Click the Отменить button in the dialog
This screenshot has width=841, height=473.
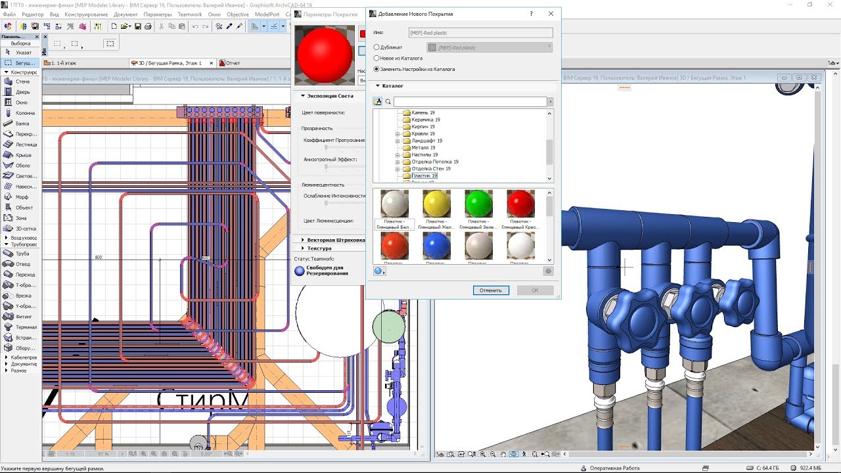(490, 290)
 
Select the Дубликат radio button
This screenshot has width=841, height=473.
(376, 47)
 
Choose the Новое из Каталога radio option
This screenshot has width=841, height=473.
(376, 58)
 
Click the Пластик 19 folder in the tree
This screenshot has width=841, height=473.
(424, 176)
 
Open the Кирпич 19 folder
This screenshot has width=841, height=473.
(422, 127)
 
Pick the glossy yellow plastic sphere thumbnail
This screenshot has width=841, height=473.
(436, 204)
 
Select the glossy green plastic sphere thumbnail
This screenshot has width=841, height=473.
(478, 204)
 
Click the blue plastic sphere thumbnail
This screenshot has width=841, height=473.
(436, 246)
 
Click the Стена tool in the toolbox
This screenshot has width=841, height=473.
(22, 81)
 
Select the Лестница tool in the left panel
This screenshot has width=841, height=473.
(26, 145)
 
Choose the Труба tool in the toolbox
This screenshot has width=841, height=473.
(22, 254)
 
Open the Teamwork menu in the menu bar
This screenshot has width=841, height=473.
(190, 14)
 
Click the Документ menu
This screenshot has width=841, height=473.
(125, 14)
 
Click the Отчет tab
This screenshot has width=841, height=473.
(233, 63)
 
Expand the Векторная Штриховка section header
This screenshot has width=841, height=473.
(336, 240)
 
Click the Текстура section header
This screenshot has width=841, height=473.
(319, 248)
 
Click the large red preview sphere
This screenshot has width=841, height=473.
(325, 55)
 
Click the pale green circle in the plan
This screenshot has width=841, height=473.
(389, 327)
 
